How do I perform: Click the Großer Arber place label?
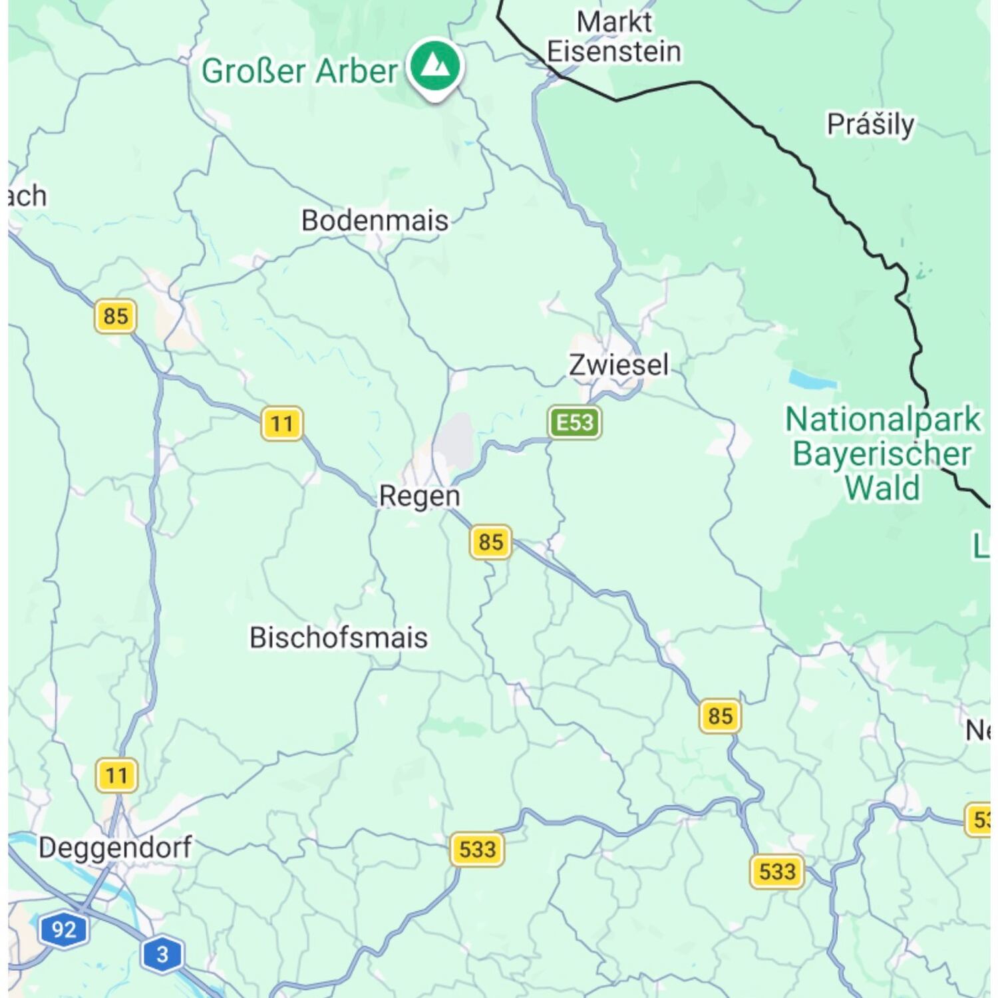[299, 71]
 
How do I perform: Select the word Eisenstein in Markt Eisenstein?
[613, 52]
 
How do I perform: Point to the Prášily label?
[870, 124]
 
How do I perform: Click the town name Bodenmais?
[375, 220]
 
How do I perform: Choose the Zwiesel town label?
[619, 365]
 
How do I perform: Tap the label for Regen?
[419, 496]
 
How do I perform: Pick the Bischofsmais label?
[339, 637]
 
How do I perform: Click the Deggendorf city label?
[115, 848]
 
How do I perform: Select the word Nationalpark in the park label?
[883, 419]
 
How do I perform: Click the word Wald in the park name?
[882, 488]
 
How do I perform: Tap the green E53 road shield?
[575, 422]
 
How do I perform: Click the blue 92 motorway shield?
[64, 929]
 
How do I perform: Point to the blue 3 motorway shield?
[162, 954]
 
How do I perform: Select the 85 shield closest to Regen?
[491, 542]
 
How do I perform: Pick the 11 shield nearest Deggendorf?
[116, 775]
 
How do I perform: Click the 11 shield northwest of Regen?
[282, 423]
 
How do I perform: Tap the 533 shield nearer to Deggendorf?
[477, 850]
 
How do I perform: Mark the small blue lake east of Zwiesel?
[812, 380]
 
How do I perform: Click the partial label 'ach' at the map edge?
[28, 196]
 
